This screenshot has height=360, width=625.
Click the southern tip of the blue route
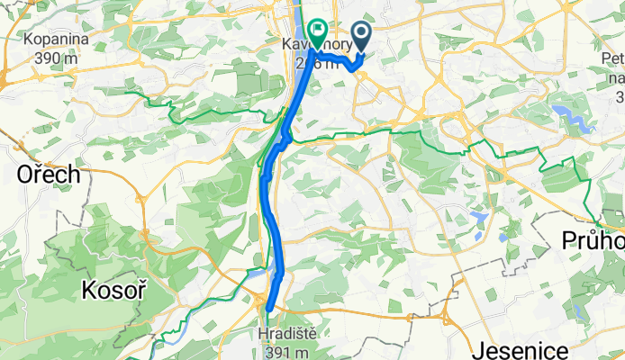pyautogui.click(x=268, y=310)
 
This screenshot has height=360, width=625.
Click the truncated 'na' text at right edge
pyautogui.click(x=617, y=77)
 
